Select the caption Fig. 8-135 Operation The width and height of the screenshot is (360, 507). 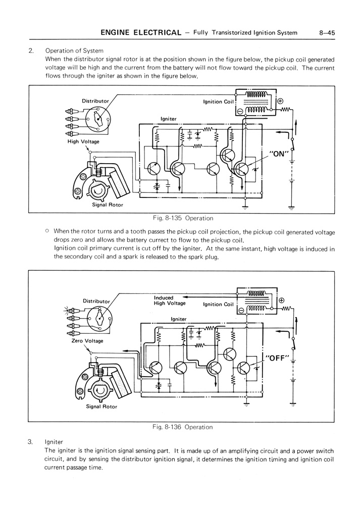[x=182, y=218]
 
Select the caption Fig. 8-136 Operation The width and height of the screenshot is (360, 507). [x=182, y=427]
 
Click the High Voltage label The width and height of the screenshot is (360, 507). [x=83, y=142]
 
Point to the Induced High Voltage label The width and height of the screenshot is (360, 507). [x=170, y=300]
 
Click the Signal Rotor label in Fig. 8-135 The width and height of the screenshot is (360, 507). [x=107, y=205]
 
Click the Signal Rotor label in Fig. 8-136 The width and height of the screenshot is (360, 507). [x=101, y=407]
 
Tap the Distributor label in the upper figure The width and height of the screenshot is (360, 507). [x=95, y=101]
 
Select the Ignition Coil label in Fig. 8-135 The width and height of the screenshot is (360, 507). [x=219, y=102]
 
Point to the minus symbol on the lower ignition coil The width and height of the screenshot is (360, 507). [x=241, y=310]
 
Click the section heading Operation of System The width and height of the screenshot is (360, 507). [x=74, y=50]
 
